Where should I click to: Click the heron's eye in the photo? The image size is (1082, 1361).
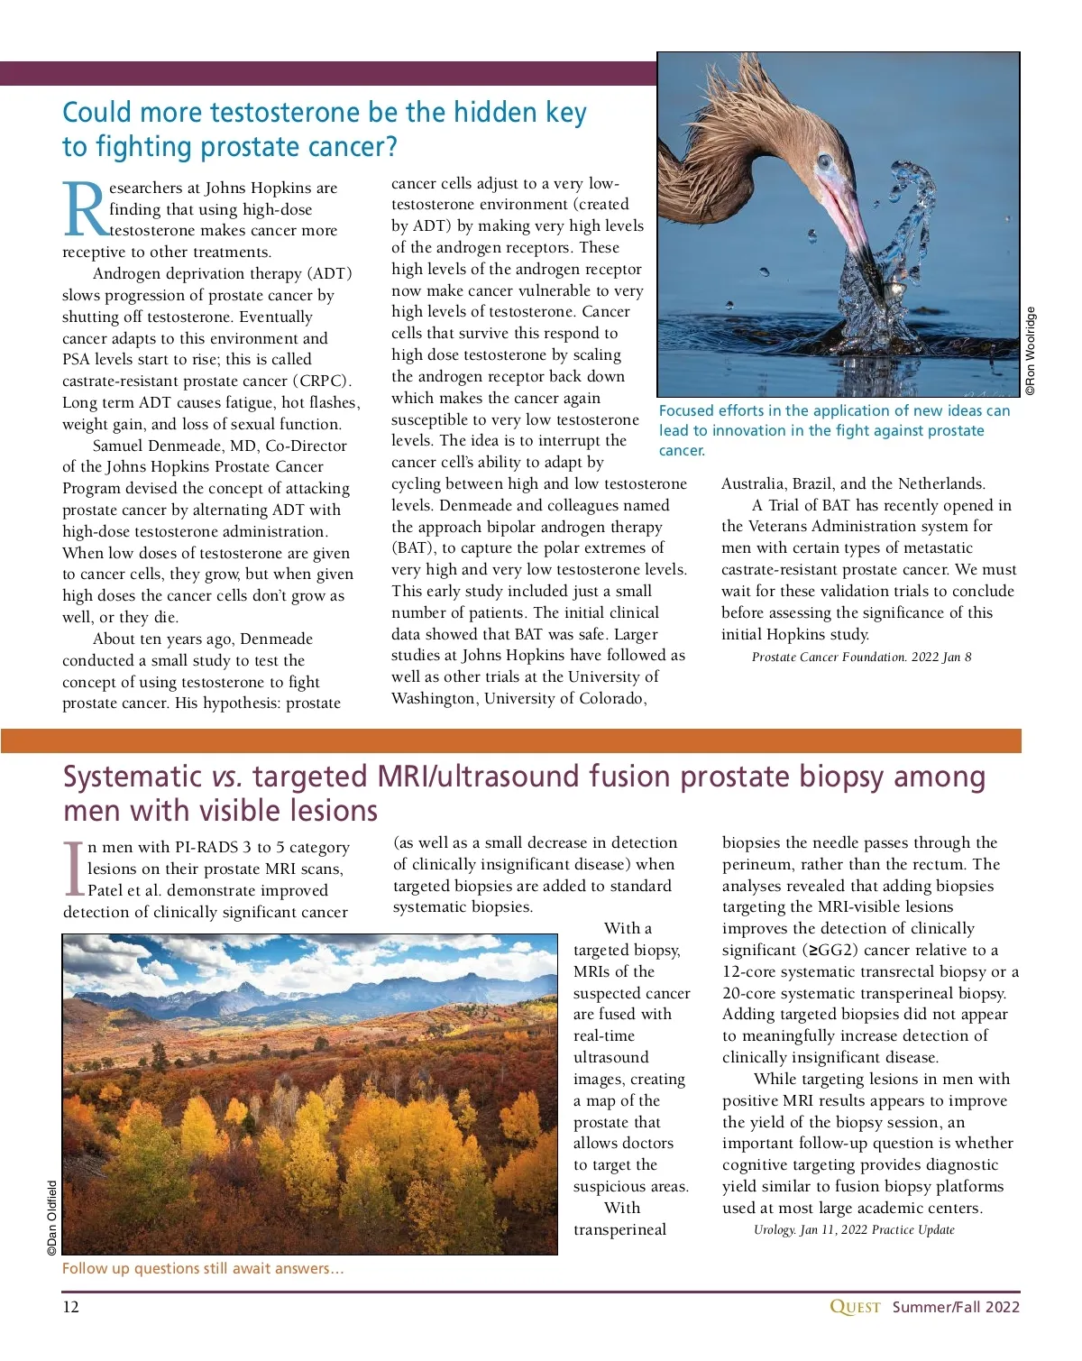[823, 163]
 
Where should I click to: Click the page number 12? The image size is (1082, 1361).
[70, 1307]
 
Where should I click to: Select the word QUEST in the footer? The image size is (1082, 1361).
[854, 1307]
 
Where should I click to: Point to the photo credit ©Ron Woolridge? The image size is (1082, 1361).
[1031, 351]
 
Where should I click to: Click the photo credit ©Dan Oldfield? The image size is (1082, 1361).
[52, 1218]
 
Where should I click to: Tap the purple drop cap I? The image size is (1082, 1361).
[74, 869]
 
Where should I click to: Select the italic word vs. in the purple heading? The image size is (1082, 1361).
[226, 777]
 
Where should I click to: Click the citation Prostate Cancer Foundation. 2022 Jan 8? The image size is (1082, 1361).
[861, 657]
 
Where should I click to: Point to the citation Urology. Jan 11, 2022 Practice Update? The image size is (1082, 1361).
[853, 1229]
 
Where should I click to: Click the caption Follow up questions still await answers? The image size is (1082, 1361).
[202, 1268]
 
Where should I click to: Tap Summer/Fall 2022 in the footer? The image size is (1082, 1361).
[956, 1307]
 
